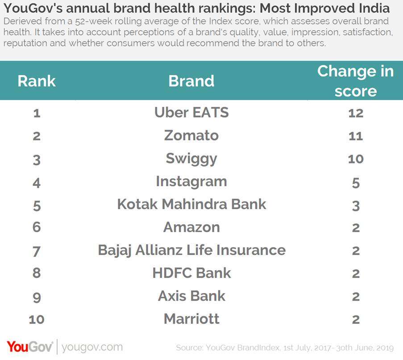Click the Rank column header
tap(37, 81)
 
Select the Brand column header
tap(191, 81)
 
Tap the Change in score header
tap(356, 81)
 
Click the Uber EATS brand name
tap(191, 113)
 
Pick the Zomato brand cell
tap(191, 135)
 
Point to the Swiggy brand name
tap(191, 159)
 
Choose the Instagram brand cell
tap(191, 181)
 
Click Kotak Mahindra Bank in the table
tap(191, 205)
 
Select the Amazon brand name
tap(191, 227)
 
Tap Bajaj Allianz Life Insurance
tap(191, 250)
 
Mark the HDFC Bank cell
tap(191, 273)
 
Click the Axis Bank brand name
tap(191, 296)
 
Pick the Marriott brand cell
tap(191, 319)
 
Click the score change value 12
tap(356, 113)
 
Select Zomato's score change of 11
tap(356, 136)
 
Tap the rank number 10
tap(37, 319)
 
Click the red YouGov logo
tap(30, 347)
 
